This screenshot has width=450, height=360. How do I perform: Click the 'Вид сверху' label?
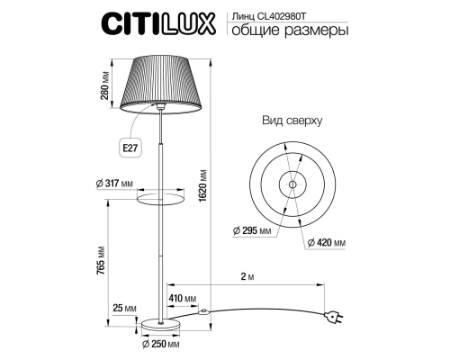[291, 119]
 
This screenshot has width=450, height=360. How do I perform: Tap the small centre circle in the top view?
[292, 184]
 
